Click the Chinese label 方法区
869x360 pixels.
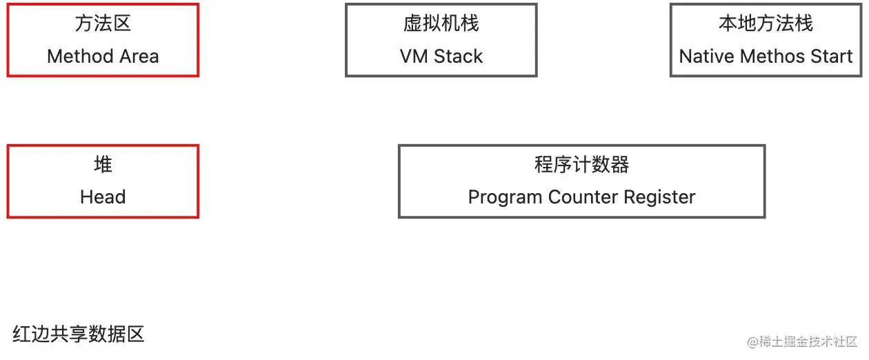coord(103,23)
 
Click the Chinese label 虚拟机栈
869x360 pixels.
coord(441,23)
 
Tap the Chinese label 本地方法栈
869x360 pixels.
coord(766,23)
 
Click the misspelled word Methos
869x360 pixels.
coord(772,57)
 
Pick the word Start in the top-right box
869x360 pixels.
coord(831,57)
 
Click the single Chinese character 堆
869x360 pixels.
coord(103,165)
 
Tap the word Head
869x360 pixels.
coord(103,197)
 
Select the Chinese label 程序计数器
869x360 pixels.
coord(581,165)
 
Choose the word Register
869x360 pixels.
coord(660,198)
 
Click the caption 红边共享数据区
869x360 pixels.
coord(78,334)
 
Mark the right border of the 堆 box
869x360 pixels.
coord(198,181)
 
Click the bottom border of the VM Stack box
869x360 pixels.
coord(441,74)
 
